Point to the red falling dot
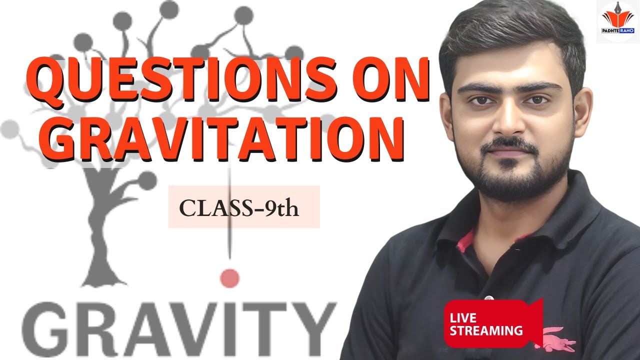click(x=230, y=278)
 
